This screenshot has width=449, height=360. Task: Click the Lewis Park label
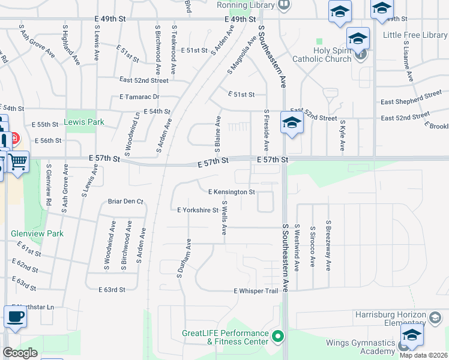(85, 122)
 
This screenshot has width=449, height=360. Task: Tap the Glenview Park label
(28, 233)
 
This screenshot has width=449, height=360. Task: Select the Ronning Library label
(246, 5)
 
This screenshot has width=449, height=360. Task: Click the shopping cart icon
(18, 161)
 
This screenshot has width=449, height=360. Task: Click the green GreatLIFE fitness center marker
(277, 337)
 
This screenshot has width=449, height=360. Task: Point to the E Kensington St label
(232, 192)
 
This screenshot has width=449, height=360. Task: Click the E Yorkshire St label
(197, 210)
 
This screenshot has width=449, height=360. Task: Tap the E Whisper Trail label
(256, 291)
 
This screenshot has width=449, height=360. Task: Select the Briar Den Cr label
(126, 202)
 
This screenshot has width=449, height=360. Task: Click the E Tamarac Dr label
(139, 97)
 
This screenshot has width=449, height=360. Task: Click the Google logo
(20, 353)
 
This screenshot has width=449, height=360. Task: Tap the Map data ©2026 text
(424, 355)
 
